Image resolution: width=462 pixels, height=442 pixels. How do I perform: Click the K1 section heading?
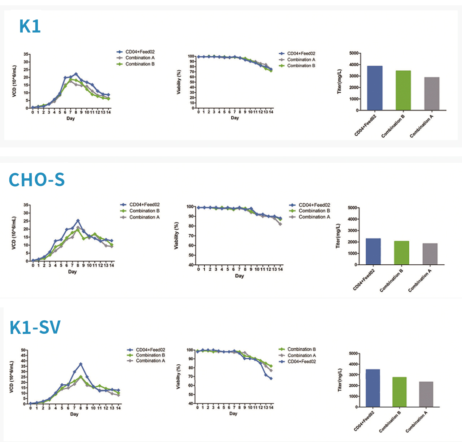click(x=30, y=26)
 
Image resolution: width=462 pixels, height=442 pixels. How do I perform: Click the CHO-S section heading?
click(x=36, y=180)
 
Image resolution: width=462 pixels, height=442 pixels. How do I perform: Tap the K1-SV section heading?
click(x=35, y=327)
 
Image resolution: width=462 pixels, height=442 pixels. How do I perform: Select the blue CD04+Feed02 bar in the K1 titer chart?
click(x=375, y=88)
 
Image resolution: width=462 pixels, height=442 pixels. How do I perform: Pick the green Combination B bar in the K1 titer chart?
click(x=403, y=90)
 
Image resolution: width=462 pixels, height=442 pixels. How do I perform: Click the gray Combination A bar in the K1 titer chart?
click(x=432, y=94)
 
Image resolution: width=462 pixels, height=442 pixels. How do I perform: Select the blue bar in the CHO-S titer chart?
click(x=373, y=252)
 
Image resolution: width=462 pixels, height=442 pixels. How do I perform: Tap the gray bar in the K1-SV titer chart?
click(x=426, y=394)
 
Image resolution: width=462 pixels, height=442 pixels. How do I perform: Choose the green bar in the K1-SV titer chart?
click(x=399, y=392)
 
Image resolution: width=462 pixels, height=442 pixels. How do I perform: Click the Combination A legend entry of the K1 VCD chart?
click(x=140, y=58)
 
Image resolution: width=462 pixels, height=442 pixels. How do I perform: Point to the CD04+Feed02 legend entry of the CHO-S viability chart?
click(x=314, y=205)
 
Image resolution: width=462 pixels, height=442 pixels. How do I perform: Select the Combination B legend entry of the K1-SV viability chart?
click(x=301, y=349)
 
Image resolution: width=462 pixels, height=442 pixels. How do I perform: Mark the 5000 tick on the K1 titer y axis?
click(x=354, y=53)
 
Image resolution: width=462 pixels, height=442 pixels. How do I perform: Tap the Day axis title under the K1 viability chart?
click(x=235, y=118)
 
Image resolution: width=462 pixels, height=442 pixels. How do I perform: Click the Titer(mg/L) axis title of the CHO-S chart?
click(x=338, y=236)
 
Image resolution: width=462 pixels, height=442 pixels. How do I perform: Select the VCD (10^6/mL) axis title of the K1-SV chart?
click(x=12, y=377)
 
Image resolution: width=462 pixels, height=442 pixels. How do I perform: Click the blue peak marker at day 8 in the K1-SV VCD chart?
click(x=80, y=364)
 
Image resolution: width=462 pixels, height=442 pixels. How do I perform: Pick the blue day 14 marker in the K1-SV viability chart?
click(x=271, y=378)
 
